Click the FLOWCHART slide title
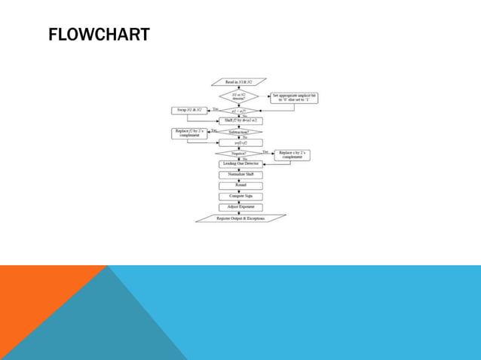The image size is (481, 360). click(98, 35)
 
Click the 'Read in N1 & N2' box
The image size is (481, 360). click(240, 81)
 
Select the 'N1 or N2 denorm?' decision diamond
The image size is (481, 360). click(239, 96)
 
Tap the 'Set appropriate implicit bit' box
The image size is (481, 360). click(295, 99)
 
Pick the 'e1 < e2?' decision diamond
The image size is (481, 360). click(239, 111)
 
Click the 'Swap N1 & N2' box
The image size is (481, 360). click(191, 111)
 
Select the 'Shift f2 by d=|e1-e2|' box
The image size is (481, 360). click(240, 121)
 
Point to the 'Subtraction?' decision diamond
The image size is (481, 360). click(240, 132)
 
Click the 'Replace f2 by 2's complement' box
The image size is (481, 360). click(191, 134)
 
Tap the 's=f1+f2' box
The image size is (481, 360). click(240, 142)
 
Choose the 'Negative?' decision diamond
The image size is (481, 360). click(240, 153)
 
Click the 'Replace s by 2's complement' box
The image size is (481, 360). click(292, 155)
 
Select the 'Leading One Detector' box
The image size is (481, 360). click(240, 163)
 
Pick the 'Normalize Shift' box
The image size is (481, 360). click(240, 174)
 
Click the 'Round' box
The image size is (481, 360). click(240, 185)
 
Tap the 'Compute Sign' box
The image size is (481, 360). click(240, 196)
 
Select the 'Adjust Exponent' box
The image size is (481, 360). click(240, 206)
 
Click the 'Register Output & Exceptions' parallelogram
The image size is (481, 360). click(240, 218)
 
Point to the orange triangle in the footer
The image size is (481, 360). click(38, 309)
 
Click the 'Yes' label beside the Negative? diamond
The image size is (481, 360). click(265, 151)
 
